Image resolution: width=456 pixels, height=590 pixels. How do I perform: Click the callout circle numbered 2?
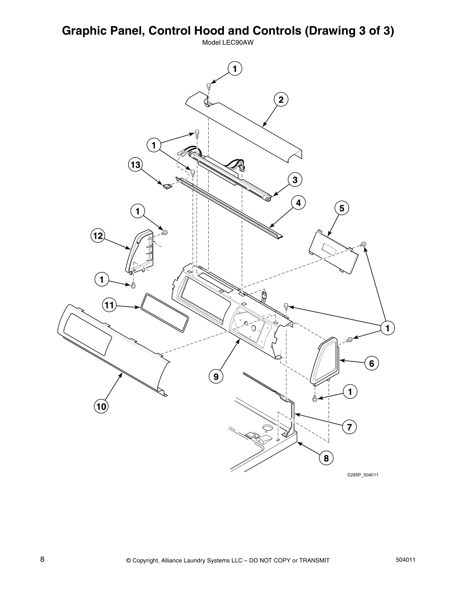coord(281,100)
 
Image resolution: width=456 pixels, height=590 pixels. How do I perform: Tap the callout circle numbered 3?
coord(295,180)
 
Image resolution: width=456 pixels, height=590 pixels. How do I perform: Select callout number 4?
coord(298,203)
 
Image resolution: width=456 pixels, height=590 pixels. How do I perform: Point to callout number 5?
coord(342,208)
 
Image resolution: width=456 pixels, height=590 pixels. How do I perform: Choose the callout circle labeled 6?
coord(371,363)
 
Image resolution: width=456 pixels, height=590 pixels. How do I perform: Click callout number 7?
coord(349,427)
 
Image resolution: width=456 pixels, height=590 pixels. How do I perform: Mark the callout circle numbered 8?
coord(326,458)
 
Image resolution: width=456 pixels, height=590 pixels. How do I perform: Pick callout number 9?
coord(216,377)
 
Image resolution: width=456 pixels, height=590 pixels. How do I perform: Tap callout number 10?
coord(101,406)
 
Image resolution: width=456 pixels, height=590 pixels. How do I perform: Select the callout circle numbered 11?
coord(109,305)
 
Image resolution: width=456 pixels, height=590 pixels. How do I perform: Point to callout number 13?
coord(136,165)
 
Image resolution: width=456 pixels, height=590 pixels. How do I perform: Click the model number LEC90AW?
coord(228,42)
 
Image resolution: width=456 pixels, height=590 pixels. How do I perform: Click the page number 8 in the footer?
coord(42,559)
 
